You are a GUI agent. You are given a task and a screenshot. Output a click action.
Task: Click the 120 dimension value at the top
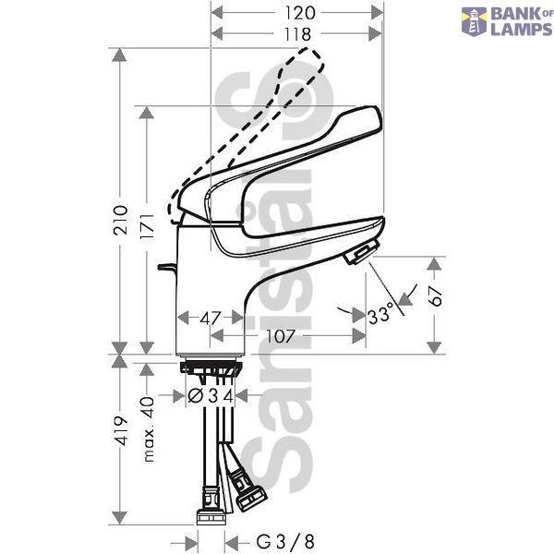click(x=299, y=13)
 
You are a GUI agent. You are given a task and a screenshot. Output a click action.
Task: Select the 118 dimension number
click(x=298, y=34)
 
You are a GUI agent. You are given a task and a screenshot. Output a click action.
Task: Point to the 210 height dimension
click(x=120, y=220)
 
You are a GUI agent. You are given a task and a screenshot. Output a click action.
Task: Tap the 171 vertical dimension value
click(x=147, y=226)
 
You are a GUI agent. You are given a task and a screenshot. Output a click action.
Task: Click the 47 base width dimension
click(x=211, y=319)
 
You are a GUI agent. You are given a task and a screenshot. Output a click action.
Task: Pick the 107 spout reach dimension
click(x=280, y=336)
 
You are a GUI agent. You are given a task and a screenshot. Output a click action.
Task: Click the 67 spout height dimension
click(x=435, y=295)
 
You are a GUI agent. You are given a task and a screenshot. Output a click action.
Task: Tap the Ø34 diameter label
click(x=211, y=396)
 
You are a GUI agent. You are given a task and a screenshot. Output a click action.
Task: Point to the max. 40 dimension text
click(x=149, y=429)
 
